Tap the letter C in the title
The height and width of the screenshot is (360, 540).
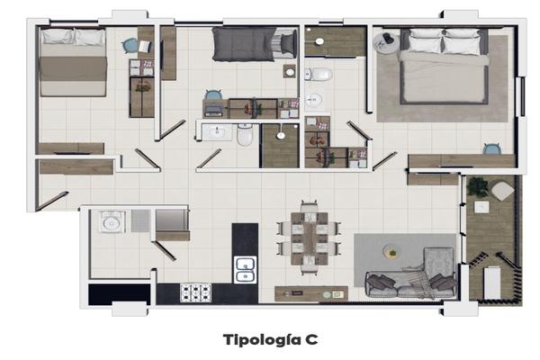coord(311,339)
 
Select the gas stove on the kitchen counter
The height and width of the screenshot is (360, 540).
coord(195,292)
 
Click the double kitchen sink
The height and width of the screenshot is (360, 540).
coord(245,270)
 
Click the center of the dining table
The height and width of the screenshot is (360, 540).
coord(310,238)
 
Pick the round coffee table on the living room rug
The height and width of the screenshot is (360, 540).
coord(391,251)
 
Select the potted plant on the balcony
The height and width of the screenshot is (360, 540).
coord(478,186)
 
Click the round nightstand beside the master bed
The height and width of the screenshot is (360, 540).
coord(386,42)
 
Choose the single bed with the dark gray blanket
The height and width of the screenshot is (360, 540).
coord(254,44)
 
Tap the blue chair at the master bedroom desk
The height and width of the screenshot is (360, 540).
coord(491,149)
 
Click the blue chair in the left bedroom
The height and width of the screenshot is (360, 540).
coord(130,46)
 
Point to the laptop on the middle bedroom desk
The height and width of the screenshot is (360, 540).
coord(214,109)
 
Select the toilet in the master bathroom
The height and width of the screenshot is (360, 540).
coord(319,75)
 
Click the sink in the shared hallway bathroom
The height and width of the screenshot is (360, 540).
coord(218,132)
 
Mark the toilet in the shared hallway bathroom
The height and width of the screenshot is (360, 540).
coord(245,135)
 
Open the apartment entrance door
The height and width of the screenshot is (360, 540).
coord(52,201)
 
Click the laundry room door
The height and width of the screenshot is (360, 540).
coord(165,250)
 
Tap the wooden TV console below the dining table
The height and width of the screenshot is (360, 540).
coord(311,294)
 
